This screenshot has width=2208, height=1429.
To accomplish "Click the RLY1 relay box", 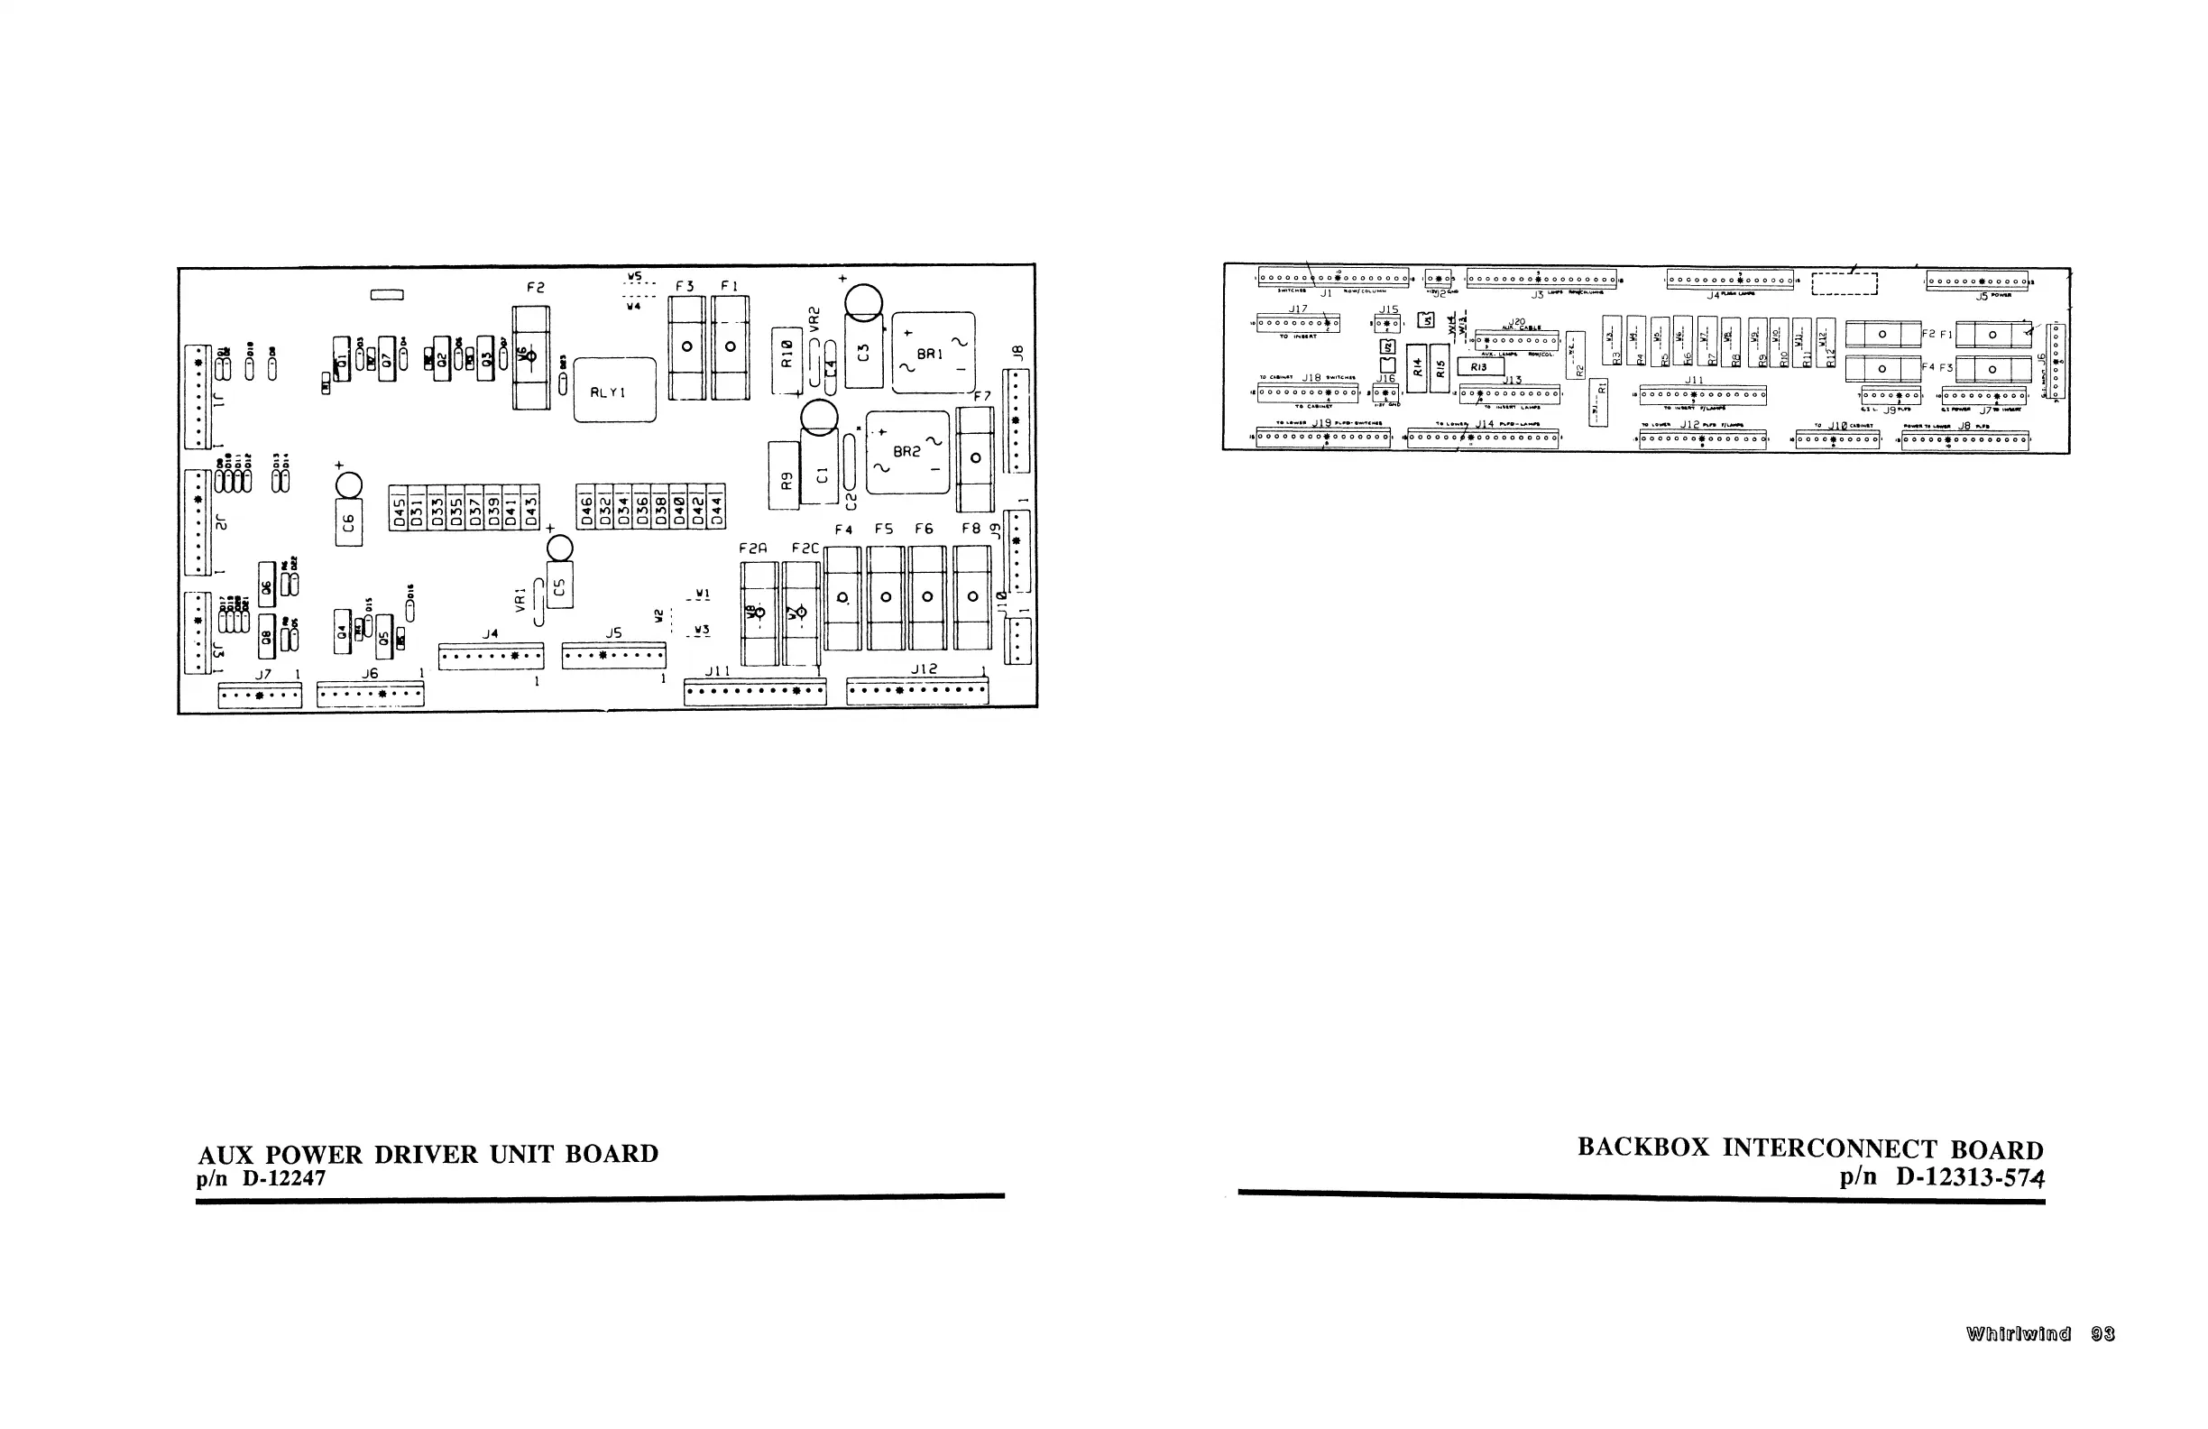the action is click(614, 391).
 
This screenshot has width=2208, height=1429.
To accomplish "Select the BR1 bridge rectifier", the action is click(933, 354).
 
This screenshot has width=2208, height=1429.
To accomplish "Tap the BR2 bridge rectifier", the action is click(907, 452).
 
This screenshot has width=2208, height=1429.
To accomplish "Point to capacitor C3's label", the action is click(864, 353).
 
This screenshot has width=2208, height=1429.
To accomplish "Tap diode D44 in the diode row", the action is click(716, 507).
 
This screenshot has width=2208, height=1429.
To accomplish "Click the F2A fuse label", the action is click(753, 549).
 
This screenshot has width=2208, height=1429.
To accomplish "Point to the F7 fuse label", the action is click(981, 396).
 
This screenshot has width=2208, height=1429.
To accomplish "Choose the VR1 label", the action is click(520, 598).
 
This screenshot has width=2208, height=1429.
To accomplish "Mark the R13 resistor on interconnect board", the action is click(1479, 367).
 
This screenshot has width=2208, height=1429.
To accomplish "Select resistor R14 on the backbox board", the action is click(1417, 367).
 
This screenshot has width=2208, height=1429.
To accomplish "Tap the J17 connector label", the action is click(1297, 309).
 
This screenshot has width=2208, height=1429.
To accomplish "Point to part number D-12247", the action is click(284, 1178).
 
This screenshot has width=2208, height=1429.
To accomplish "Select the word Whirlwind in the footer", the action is click(2018, 1334).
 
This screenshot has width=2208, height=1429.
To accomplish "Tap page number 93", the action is click(2103, 1334).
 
